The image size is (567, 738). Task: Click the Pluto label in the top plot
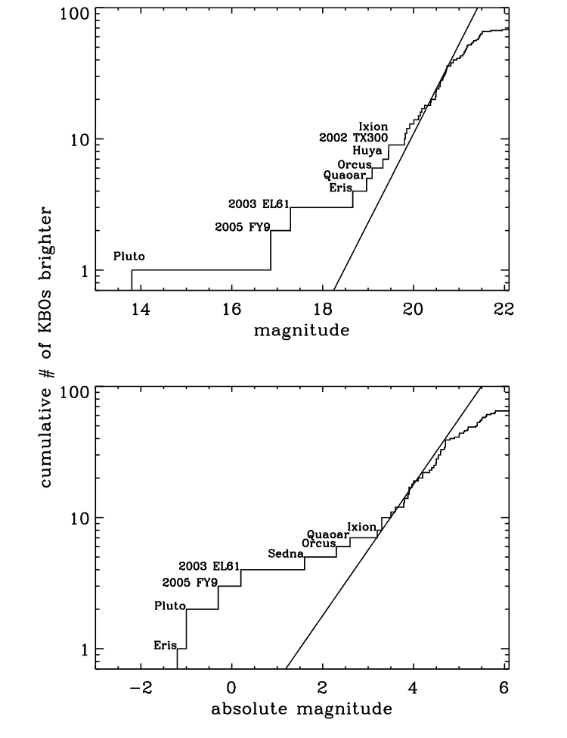coord(129,257)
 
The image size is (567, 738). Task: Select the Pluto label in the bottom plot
coord(169,606)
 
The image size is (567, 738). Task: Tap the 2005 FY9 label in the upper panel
coord(242,226)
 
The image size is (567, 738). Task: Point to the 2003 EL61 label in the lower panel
coord(209,565)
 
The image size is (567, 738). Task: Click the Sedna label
coord(286,553)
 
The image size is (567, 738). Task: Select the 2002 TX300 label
coord(353,138)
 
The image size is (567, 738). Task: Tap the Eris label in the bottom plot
coord(165,646)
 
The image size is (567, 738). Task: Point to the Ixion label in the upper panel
coord(373,126)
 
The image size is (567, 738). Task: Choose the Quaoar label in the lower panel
coord(328,534)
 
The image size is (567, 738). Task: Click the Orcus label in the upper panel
coord(355,163)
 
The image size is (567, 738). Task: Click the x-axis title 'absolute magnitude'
coord(301,709)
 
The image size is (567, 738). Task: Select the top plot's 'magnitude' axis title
coord(301,330)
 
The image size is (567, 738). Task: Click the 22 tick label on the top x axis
coord(504,309)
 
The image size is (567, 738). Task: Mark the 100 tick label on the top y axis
coord(76,14)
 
